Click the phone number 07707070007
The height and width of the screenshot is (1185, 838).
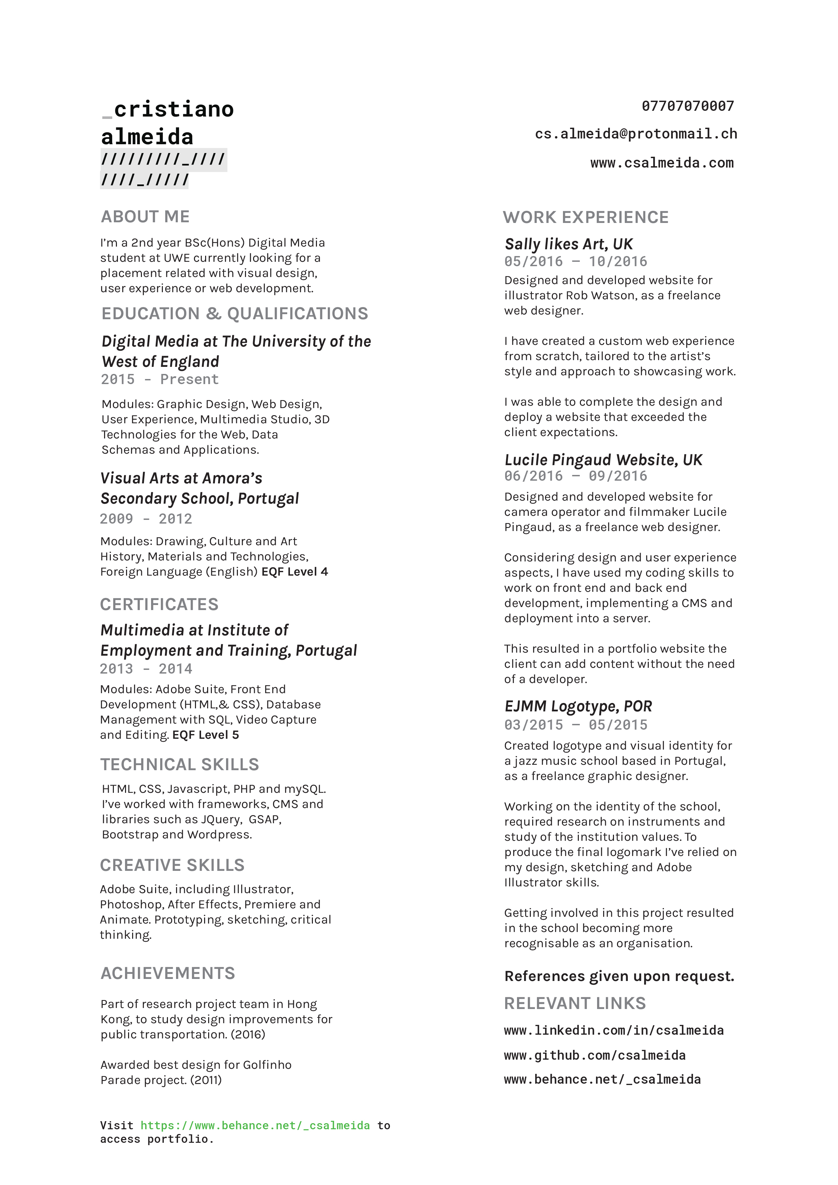(687, 106)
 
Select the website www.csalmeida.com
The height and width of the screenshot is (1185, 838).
(662, 163)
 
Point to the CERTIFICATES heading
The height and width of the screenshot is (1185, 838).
(159, 604)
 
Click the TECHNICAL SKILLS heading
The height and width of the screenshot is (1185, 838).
(179, 764)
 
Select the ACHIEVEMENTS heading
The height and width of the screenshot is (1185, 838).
(168, 974)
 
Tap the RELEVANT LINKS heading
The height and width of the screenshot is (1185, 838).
(575, 1003)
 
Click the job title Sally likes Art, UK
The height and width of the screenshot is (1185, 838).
(568, 244)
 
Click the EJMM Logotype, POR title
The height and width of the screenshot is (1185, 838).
(578, 707)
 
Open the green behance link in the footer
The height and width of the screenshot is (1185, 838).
(255, 1126)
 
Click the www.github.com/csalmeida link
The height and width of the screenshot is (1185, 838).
(594, 1056)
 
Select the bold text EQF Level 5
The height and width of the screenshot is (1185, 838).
(205, 735)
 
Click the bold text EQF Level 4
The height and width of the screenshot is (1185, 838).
(294, 572)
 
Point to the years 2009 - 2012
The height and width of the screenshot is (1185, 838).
(146, 519)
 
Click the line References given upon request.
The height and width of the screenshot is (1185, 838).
(619, 977)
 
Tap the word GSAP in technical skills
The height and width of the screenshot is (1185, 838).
(264, 820)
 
